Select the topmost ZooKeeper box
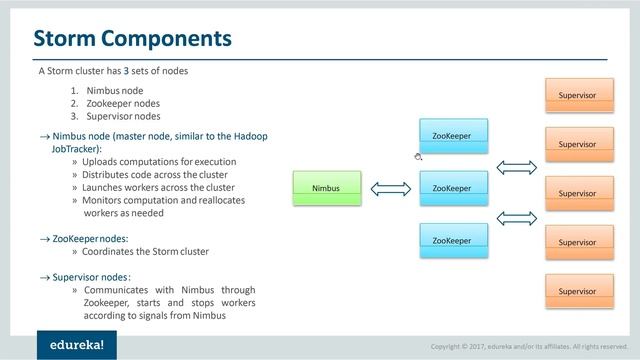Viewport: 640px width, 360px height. pos(452,136)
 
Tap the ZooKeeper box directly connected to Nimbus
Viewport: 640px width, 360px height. pos(452,188)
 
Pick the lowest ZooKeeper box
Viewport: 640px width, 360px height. pos(452,240)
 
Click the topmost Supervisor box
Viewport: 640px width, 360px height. pos(577,95)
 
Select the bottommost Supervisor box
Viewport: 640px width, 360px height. pos(577,291)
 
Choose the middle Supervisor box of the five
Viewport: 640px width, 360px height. pos(577,193)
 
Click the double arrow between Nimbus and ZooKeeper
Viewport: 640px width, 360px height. pos(385,188)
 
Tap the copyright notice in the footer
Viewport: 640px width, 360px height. pos(529,346)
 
